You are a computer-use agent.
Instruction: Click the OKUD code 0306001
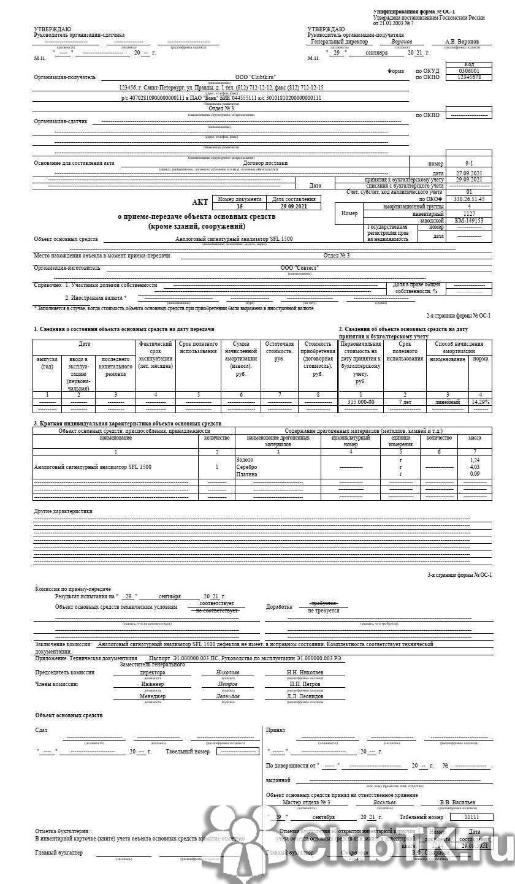coord(469,71)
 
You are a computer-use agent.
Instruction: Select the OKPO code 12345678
coord(469,78)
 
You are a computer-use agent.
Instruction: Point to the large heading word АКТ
coord(200,203)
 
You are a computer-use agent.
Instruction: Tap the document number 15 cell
coord(240,207)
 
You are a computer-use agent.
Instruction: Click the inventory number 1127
coord(469,213)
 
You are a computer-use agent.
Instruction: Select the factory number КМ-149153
coord(469,221)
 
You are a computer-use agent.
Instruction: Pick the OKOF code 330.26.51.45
coord(469,199)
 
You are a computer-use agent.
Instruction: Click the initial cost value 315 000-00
coord(360,402)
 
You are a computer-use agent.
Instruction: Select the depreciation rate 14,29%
coord(480,402)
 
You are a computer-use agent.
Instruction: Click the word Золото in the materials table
coord(245,459)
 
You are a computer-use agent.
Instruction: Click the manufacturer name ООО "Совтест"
coord(300,268)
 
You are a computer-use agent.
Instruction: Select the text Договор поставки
coord(265,163)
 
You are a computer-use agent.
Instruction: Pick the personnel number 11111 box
coord(471,818)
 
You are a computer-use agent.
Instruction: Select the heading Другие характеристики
coord(63,510)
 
